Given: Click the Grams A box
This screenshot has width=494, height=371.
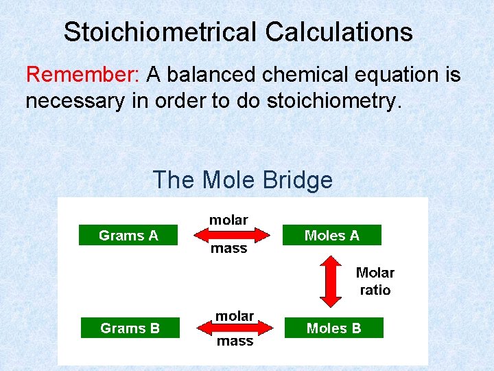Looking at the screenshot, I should click(128, 236).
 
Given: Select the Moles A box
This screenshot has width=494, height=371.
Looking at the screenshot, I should click(331, 236).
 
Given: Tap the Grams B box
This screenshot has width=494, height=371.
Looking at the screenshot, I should click(130, 328).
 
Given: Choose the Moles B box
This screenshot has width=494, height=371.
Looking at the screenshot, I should click(333, 328).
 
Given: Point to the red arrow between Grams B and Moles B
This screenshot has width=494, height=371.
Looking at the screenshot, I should click(235, 328).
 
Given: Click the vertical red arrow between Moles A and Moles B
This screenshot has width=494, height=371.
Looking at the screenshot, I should click(331, 281).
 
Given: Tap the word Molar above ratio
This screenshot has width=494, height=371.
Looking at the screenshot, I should click(375, 273).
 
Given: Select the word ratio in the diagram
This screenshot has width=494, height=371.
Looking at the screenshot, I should click(375, 290).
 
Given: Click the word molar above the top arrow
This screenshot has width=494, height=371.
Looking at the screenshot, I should click(228, 220).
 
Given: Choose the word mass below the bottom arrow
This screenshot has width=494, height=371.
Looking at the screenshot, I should click(235, 341).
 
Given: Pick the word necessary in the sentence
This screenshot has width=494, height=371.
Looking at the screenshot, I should click(75, 102).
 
